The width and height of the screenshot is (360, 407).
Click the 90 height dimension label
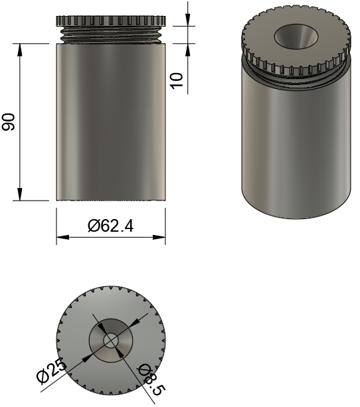tap(9, 122)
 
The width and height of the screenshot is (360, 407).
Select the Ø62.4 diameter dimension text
tap(111, 226)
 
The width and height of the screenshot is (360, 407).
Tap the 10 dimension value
tap(177, 81)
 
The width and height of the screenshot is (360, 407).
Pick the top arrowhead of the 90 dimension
tap(20, 50)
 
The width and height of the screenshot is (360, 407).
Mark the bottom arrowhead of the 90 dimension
tap(20, 194)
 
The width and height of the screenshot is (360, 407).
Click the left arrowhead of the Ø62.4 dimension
tap(63, 237)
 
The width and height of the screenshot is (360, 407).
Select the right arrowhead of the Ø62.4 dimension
tap(159, 237)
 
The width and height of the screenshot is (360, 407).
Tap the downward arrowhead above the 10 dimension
tap(188, 20)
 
